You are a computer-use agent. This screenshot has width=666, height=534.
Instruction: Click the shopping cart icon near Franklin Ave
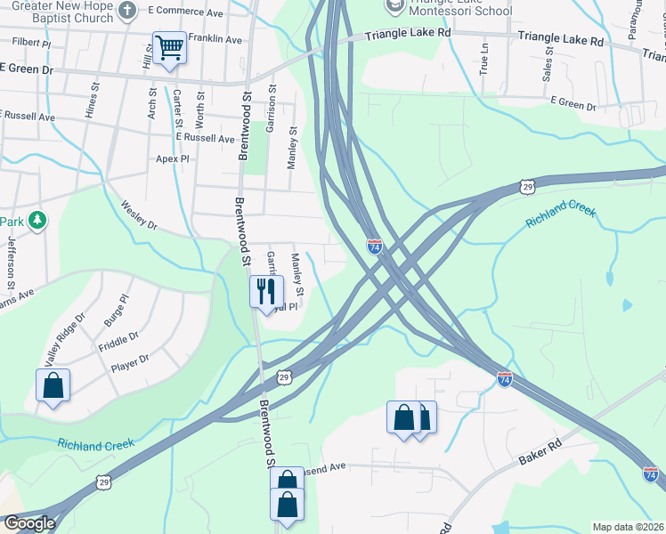coord(169,48)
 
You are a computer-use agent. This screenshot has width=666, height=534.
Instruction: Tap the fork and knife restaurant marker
coord(266,291)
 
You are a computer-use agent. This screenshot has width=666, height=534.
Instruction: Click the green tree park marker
coord(37,219)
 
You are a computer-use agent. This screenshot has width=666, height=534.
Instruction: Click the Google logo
coord(29,523)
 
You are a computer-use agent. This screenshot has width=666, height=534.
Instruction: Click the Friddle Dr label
coord(118,340)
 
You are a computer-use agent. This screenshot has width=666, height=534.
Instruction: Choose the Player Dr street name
coord(130,363)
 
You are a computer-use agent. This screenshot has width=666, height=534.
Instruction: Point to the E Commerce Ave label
coord(185,12)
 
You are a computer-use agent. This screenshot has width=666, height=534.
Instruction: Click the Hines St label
coord(91,98)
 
